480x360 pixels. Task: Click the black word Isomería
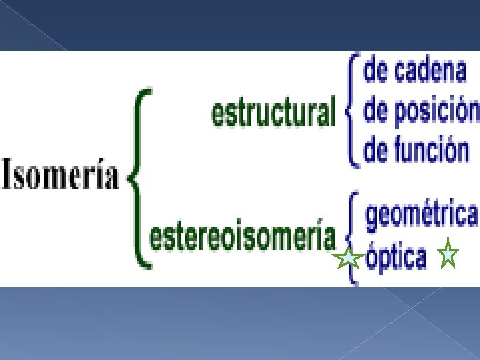point(61,173)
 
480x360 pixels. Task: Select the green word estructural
point(274,111)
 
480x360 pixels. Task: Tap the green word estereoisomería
point(243,235)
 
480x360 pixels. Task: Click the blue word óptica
point(396,257)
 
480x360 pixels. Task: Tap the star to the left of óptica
point(348,257)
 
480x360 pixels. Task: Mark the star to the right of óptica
point(448,253)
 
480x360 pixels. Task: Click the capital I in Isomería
point(7,173)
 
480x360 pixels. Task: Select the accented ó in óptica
point(373,257)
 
